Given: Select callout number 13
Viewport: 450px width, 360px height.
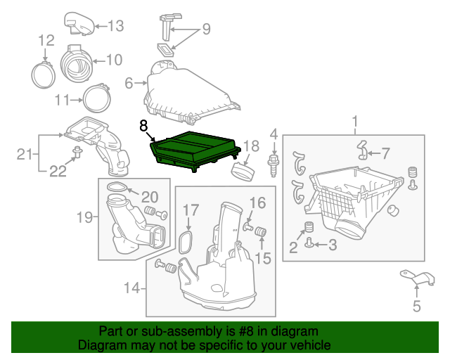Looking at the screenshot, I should click(115, 26).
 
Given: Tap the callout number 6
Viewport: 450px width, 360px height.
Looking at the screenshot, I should click(129, 84).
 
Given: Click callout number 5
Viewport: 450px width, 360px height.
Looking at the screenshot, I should click(416, 306).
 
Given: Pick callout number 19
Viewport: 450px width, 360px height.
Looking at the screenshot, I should click(85, 217).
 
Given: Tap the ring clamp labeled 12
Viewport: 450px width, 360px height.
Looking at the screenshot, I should click(45, 72).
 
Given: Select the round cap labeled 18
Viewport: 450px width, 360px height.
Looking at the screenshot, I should click(243, 171).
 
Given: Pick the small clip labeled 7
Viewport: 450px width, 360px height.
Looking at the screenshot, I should click(363, 150).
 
